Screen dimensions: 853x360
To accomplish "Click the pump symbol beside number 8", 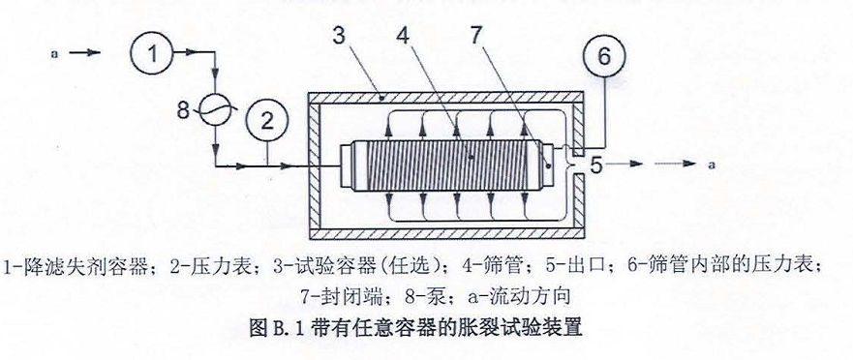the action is tap(217, 110).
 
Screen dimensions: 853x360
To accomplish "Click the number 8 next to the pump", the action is tap(187, 109).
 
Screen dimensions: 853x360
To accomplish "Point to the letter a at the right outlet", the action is tap(711, 165).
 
